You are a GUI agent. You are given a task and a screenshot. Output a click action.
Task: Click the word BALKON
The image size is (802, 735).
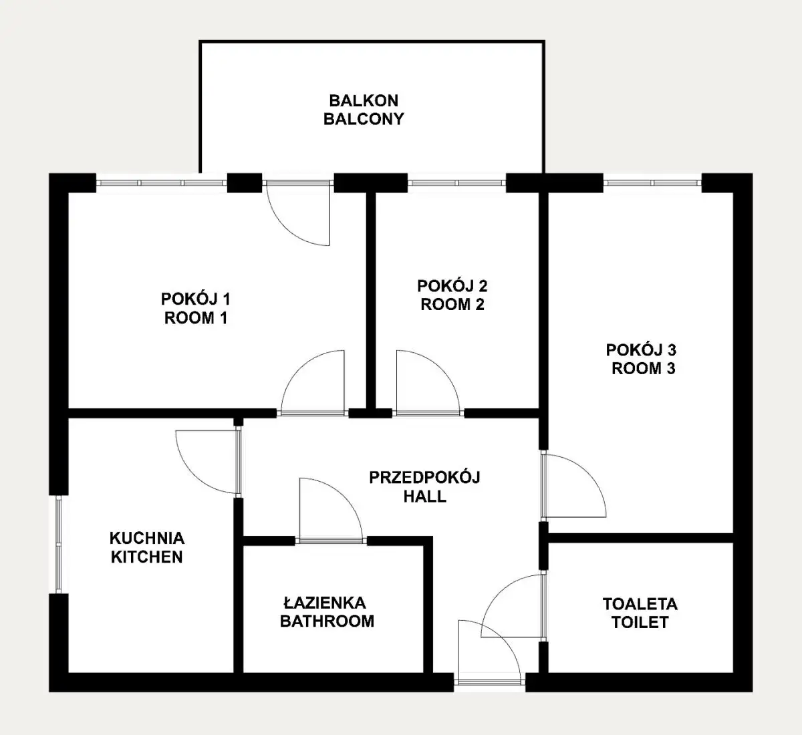point(364,101)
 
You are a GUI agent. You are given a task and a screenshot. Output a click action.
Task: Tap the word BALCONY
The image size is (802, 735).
point(364,119)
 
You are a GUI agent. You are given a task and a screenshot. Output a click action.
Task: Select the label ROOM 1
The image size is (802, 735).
point(196,318)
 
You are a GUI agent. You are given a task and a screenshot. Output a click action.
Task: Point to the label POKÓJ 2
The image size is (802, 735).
point(452,286)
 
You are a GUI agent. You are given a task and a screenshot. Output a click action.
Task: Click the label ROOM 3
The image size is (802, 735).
point(644,368)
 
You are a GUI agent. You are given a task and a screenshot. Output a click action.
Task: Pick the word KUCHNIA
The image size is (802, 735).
point(147,539)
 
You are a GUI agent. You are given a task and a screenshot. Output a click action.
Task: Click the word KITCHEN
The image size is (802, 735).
point(147,557)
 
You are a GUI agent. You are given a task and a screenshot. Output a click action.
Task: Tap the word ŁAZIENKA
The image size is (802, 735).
point(325,603)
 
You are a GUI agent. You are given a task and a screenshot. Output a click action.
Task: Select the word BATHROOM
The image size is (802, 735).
point(327,621)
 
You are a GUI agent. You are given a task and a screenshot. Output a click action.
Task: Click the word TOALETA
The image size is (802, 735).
point(640,604)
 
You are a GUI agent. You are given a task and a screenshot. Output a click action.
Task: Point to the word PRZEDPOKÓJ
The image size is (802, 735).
point(424,477)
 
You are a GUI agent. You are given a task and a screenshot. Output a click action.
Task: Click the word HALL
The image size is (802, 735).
point(424,496)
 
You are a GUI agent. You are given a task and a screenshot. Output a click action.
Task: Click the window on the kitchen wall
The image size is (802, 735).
point(59,545)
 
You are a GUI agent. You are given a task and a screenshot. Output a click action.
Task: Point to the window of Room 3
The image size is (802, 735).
point(652,183)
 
